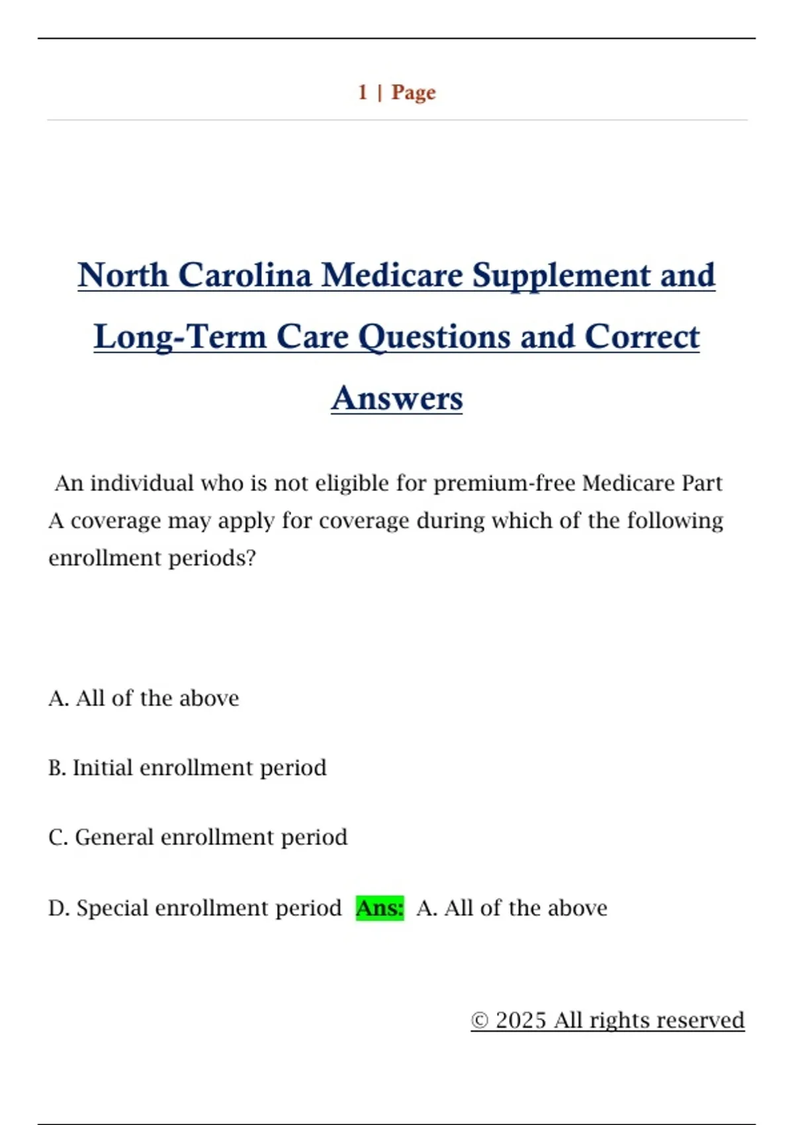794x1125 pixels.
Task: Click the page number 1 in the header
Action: click(363, 92)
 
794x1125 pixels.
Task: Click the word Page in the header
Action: click(414, 92)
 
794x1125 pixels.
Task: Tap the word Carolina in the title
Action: click(244, 275)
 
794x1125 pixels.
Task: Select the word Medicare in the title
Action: click(392, 275)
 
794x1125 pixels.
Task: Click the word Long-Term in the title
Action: click(180, 337)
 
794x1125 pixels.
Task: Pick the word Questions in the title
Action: click(434, 337)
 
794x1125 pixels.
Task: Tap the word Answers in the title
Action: click(397, 398)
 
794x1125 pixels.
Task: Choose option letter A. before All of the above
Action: click(58, 698)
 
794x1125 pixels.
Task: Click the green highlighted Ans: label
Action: click(380, 908)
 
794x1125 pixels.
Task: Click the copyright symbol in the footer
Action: click(480, 1020)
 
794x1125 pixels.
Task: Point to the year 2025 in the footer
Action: click(521, 1020)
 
